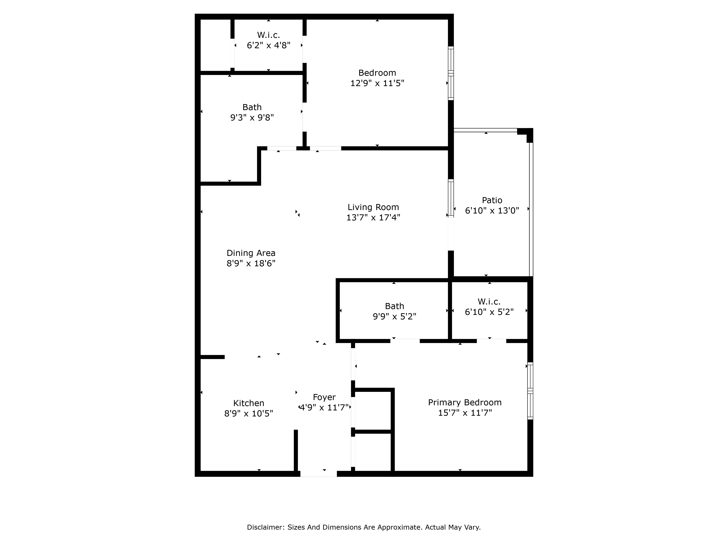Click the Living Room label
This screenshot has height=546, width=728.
click(x=373, y=207)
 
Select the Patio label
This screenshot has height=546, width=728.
click(x=492, y=200)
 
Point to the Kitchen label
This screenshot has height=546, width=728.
click(x=248, y=403)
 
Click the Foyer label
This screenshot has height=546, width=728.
click(x=324, y=397)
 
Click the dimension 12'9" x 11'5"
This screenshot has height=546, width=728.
click(x=377, y=83)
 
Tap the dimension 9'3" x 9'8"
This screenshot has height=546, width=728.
click(x=252, y=118)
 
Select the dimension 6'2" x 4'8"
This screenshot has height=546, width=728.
click(x=269, y=45)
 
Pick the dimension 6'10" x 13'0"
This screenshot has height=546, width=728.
click(x=492, y=210)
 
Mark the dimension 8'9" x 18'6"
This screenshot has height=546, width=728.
click(x=251, y=263)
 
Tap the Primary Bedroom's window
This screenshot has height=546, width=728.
click(x=530, y=391)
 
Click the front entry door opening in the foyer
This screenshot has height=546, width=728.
click(x=318, y=474)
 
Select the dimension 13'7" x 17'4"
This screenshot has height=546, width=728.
click(x=373, y=217)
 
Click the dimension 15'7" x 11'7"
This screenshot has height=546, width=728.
click(x=465, y=413)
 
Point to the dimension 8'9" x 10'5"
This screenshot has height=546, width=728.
click(x=248, y=413)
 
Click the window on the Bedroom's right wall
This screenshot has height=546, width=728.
click(x=451, y=73)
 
